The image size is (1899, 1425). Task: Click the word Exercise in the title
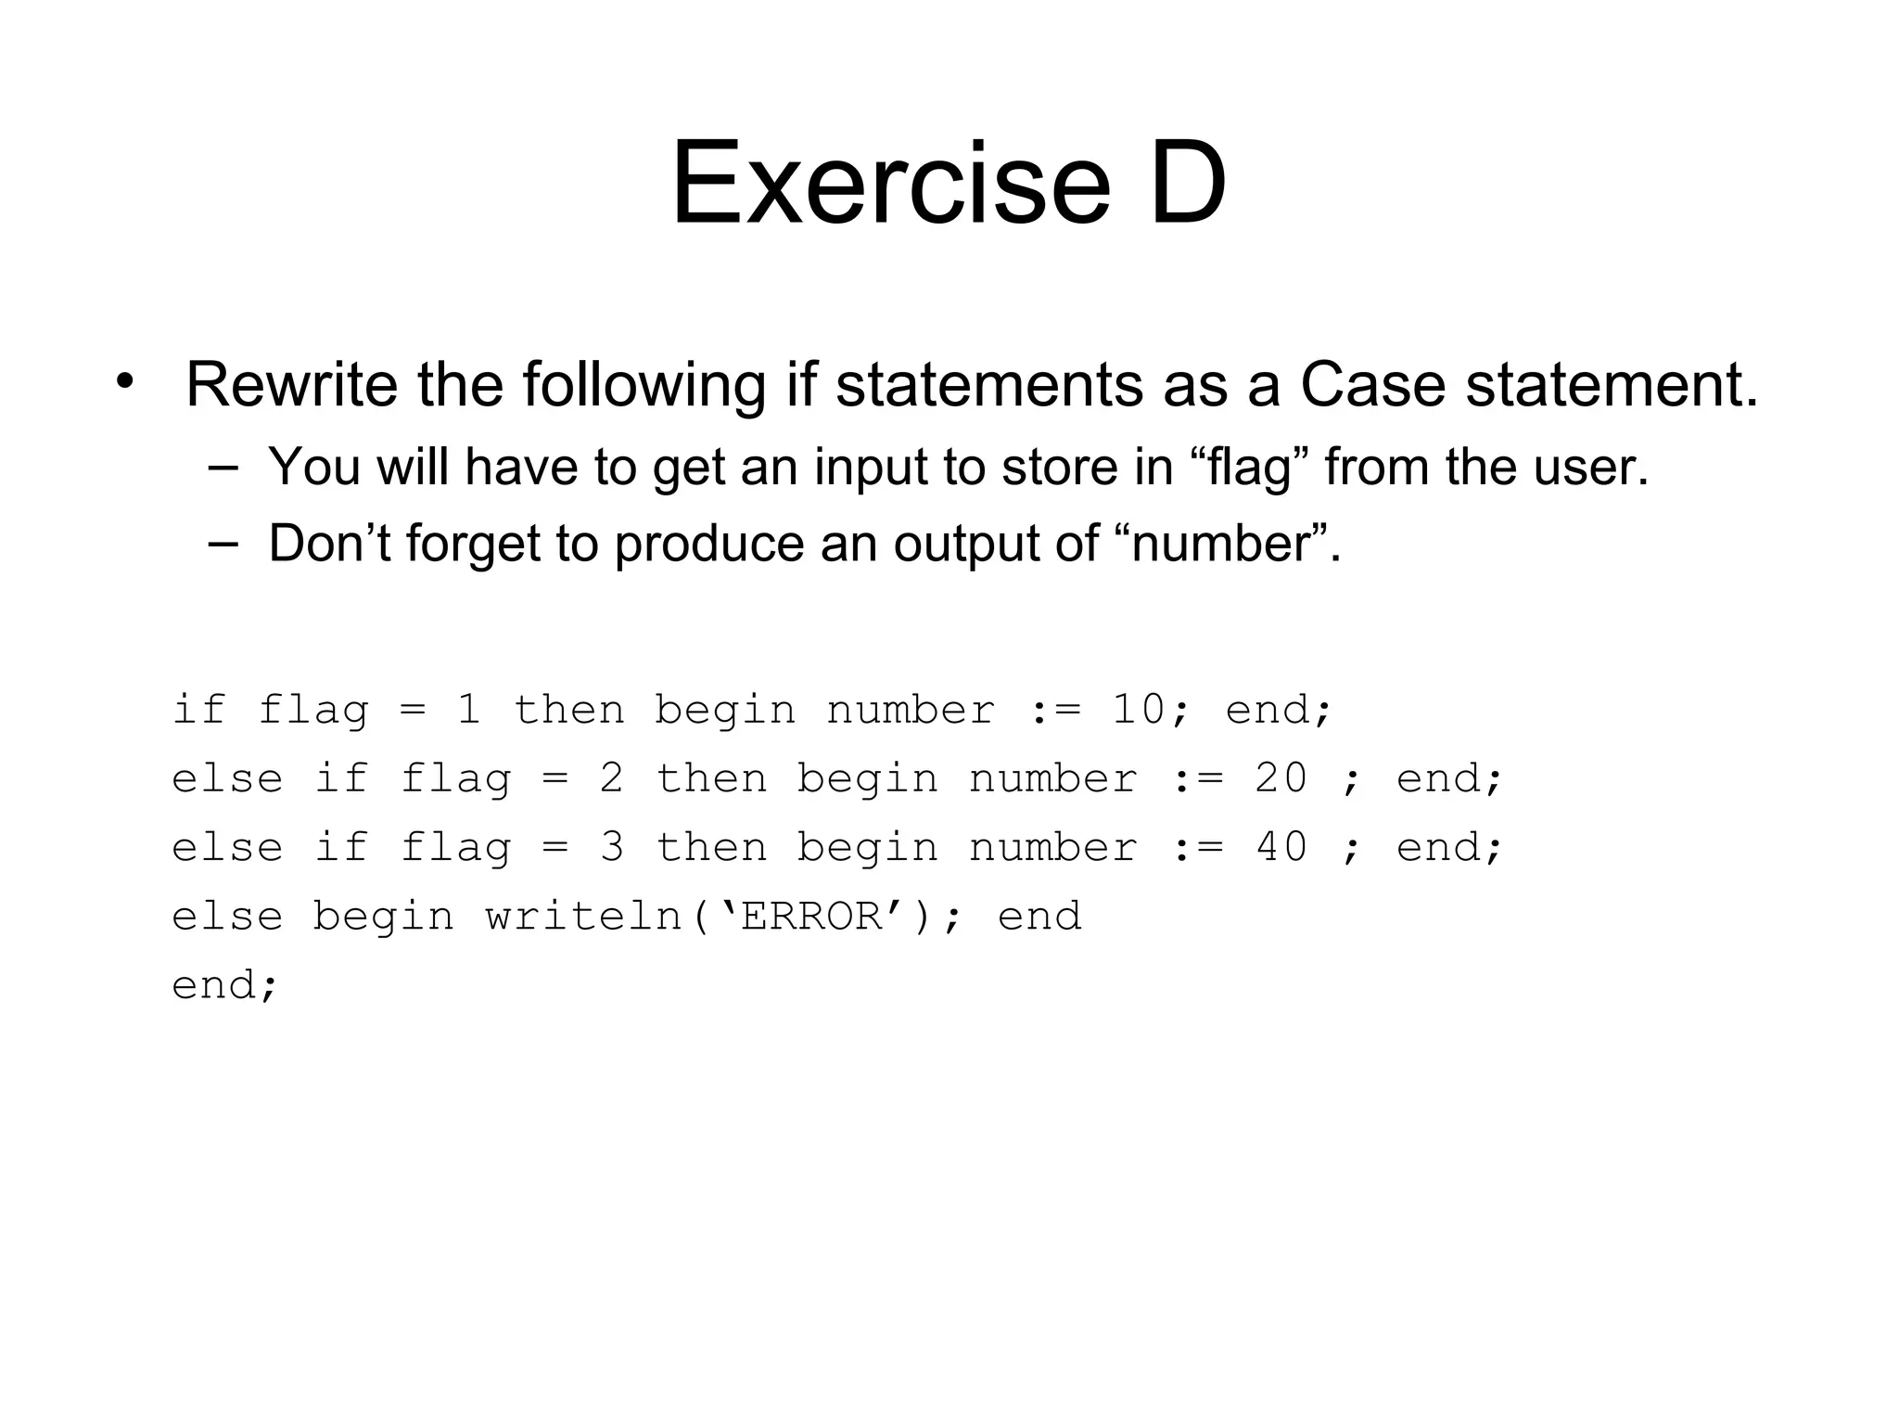[890, 183]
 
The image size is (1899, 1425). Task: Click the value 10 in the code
[1139, 711]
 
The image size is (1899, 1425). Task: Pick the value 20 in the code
[1281, 778]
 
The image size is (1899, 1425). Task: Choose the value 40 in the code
[1281, 847]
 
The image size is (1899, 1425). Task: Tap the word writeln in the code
[584, 917]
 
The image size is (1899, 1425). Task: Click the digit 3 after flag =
[612, 847]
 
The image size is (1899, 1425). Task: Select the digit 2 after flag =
[612, 778]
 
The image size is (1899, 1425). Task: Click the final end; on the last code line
[224, 985]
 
